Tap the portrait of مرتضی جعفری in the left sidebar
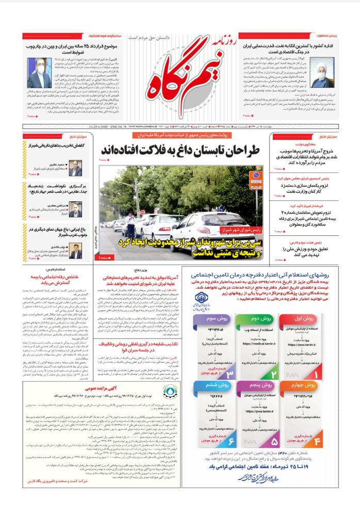tap(76, 211)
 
